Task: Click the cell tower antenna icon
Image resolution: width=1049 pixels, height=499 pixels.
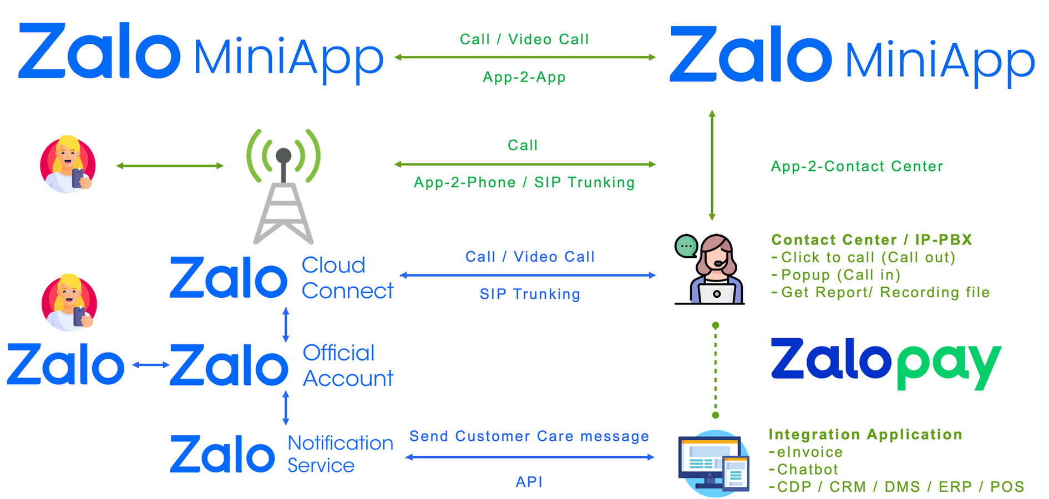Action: (283, 186)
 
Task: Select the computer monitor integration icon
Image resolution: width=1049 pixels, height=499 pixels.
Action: (713, 464)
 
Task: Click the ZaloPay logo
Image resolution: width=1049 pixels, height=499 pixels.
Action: (885, 364)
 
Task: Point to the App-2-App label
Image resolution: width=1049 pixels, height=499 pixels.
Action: (524, 77)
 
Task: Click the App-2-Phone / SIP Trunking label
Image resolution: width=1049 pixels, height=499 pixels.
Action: (524, 182)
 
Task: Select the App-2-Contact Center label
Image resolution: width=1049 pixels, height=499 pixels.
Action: (857, 166)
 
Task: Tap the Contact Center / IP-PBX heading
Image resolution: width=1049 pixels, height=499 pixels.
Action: (871, 240)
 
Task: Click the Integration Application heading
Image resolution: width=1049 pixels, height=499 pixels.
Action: (865, 435)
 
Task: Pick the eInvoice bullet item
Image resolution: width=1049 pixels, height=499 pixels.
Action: (806, 452)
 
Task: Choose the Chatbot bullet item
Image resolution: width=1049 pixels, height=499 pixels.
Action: (803, 470)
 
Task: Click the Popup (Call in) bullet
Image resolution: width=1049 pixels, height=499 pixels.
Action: (836, 275)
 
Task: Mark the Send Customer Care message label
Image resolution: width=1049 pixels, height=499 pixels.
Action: (529, 436)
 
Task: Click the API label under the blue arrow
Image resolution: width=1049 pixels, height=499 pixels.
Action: (529, 482)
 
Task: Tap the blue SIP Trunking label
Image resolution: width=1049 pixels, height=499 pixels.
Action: (530, 294)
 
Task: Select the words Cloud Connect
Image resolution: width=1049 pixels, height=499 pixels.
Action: (347, 278)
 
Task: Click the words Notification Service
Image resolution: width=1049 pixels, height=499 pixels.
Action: (340, 454)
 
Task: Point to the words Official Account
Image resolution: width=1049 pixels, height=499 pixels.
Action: (348, 365)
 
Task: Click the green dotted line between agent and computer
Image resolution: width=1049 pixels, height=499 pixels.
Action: (716, 370)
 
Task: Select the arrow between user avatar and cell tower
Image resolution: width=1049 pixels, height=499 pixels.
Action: (170, 165)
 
